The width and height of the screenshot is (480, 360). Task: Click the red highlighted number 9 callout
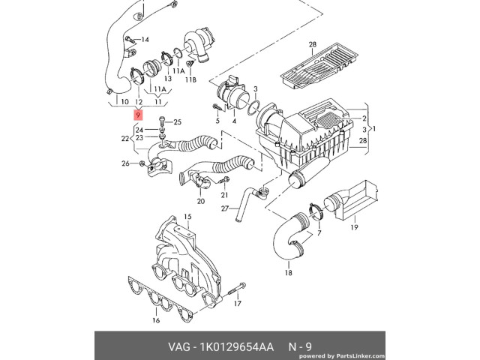coord(137,115)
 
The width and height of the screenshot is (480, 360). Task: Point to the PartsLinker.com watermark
coord(428,355)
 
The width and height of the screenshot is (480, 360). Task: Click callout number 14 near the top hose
coord(145,39)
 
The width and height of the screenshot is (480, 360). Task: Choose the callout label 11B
coord(191,79)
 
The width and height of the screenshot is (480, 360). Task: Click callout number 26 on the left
coord(124,163)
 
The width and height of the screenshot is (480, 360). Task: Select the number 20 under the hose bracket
coord(200,201)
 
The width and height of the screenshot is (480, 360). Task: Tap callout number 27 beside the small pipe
coord(224,208)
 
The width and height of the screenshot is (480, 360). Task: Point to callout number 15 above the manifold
coord(188,217)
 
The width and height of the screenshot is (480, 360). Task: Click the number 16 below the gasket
coord(156,320)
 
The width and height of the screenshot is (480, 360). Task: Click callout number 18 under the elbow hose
coord(288,274)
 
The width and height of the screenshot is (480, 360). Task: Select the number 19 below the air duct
coord(355,226)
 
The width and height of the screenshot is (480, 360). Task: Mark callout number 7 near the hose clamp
coord(319,233)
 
